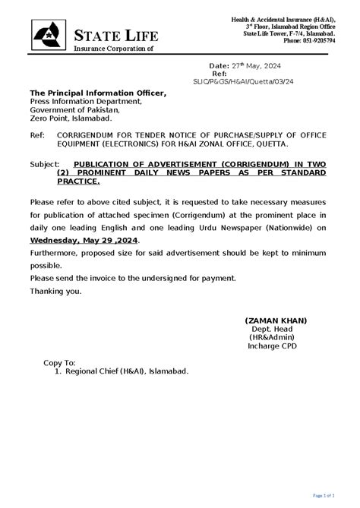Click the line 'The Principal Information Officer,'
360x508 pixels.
click(x=97, y=93)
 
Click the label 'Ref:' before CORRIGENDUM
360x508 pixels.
click(x=36, y=135)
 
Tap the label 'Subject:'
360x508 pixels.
click(x=46, y=164)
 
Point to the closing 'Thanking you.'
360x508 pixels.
click(x=55, y=291)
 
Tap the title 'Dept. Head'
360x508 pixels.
click(x=273, y=329)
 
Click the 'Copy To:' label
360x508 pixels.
click(x=59, y=364)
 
